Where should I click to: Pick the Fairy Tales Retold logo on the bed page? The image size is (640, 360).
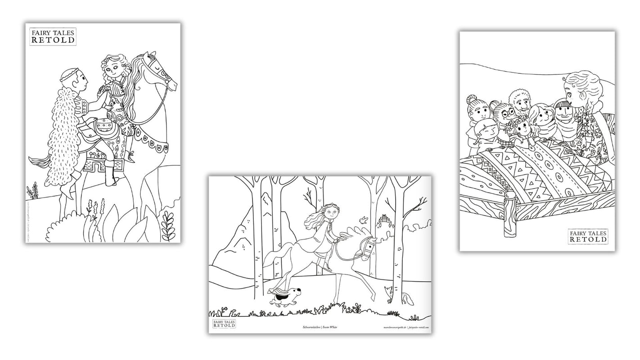coord(588,236)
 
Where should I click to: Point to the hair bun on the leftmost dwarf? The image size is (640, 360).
coord(471,99)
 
